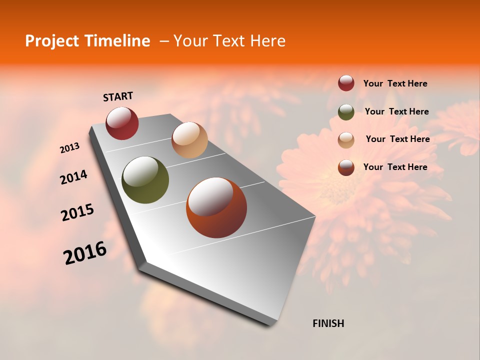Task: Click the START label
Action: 118,96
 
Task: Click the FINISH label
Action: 328,323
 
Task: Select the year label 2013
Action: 69,148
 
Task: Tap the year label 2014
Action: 73,177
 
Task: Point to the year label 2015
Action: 77,212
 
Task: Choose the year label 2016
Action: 85,253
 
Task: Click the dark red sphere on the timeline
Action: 122,123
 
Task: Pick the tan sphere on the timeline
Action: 189,140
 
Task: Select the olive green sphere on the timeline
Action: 145,180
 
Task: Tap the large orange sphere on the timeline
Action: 216,207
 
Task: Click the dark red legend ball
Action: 346,83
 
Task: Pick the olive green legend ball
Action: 346,111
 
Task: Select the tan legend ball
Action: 346,139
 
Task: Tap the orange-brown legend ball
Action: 346,167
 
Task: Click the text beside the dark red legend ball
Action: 395,84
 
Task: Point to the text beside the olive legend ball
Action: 396,111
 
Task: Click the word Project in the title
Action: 52,41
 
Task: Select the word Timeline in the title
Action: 117,41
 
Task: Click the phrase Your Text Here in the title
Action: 229,41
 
